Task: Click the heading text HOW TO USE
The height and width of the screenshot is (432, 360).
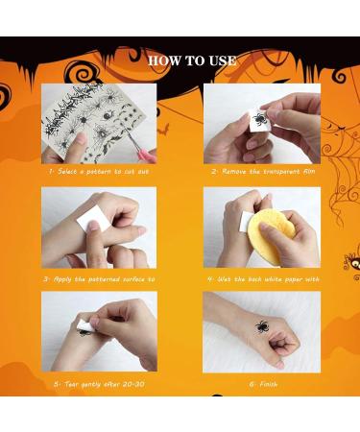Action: [x=192, y=60]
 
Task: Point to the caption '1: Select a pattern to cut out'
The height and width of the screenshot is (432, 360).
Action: [x=99, y=171]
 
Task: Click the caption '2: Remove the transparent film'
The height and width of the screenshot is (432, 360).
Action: [x=261, y=171]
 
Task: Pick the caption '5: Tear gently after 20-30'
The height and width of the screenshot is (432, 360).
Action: [x=99, y=381]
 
